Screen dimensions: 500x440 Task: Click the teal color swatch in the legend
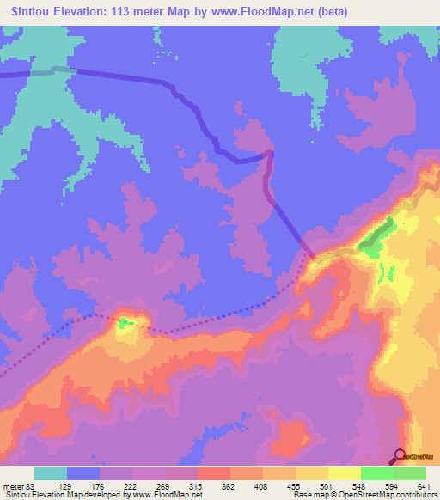(x=51, y=473)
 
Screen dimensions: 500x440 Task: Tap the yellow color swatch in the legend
(x=344, y=473)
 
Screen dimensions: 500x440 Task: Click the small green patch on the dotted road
(x=125, y=323)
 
